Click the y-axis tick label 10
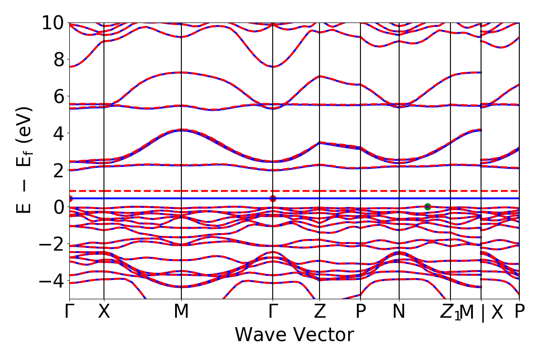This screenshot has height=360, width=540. click(53, 22)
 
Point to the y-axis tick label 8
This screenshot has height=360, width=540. click(58, 59)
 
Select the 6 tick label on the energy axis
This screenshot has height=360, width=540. click(58, 96)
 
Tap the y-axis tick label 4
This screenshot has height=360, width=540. click(58, 133)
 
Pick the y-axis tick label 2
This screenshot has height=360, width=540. click(58, 170)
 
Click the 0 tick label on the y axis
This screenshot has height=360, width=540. click(58, 207)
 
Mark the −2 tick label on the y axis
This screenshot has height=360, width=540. click(53, 244)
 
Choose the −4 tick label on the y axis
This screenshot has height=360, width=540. click(53, 281)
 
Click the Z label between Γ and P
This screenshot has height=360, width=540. click(319, 312)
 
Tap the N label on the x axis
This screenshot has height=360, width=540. click(399, 312)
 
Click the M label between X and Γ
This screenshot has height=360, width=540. click(181, 312)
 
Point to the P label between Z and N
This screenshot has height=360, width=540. click(360, 312)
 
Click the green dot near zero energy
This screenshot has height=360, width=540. click(427, 207)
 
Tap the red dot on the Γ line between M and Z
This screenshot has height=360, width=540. click(273, 198)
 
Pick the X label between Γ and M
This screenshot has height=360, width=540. click(104, 312)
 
